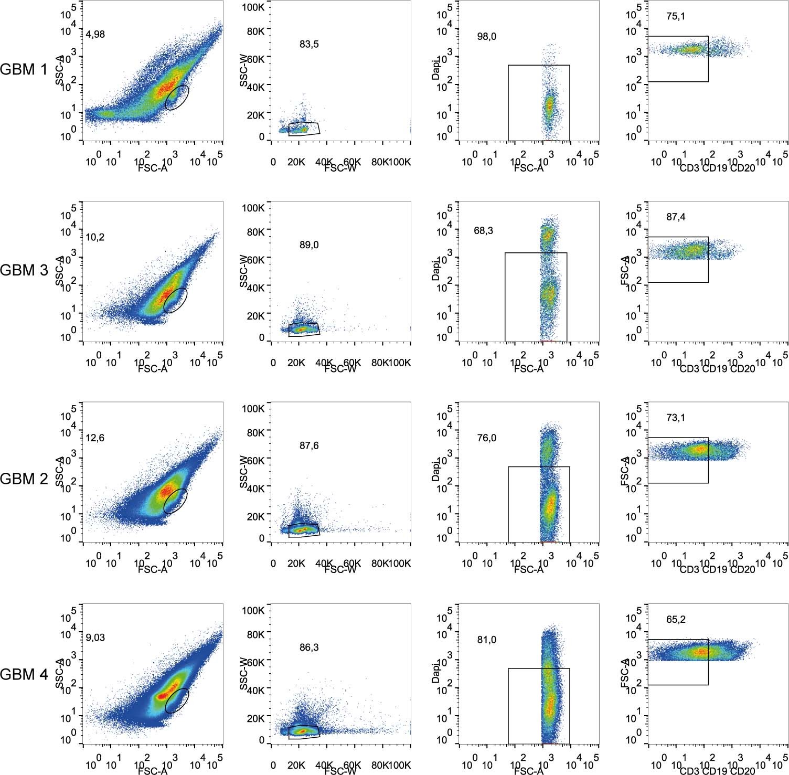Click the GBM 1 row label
[24, 69]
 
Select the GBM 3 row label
[24, 270]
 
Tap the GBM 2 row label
[24, 479]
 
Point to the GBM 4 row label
[24, 674]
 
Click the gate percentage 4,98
[95, 35]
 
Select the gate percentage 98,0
[486, 37]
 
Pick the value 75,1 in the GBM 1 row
[676, 17]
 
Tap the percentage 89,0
[309, 245]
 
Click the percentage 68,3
[483, 231]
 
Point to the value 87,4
[676, 217]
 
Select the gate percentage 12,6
[95, 438]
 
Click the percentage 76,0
[486, 438]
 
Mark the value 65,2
[676, 620]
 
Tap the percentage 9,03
[95, 638]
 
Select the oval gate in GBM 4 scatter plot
[177, 700]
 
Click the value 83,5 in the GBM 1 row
[309, 45]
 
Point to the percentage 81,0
[486, 640]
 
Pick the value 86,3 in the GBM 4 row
[309, 648]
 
